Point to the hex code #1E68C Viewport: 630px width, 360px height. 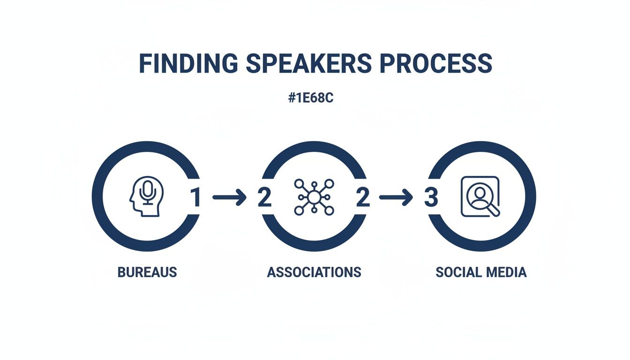(311, 100)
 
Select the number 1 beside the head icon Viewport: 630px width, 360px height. (195, 198)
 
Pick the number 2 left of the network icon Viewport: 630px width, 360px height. (264, 198)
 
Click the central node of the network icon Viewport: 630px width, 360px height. (314, 197)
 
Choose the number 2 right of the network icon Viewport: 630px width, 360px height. (362, 198)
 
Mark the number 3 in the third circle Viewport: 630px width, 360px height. (430, 198)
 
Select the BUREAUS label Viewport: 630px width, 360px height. (147, 272)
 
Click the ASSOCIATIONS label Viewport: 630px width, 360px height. (314, 272)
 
